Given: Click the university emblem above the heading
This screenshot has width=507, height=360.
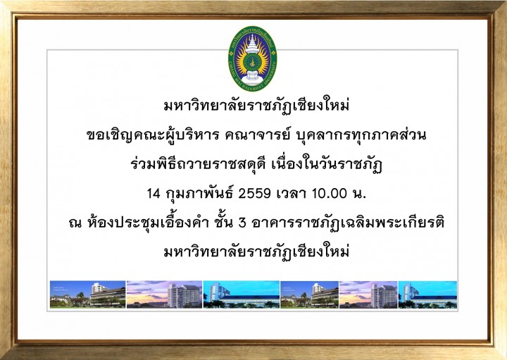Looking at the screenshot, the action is tap(253, 58).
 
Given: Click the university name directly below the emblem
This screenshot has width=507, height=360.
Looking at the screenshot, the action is tap(256, 106).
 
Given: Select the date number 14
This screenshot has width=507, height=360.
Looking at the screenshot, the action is tap(154, 194).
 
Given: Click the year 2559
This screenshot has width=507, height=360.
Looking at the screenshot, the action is tap(254, 194).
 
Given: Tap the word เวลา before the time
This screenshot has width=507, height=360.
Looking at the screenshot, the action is tap(292, 194).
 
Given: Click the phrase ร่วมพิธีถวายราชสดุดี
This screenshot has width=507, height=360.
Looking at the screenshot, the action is tap(198, 165).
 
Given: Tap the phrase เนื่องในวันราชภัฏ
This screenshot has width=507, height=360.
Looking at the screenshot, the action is tap(327, 165).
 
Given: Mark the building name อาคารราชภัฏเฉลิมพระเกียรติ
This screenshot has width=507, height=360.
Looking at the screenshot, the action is tap(349, 223).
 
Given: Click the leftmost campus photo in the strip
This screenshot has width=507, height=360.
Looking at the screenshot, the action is tap(87, 294).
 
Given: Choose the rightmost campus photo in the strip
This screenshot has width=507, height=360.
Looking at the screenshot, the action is tap(427, 294).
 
